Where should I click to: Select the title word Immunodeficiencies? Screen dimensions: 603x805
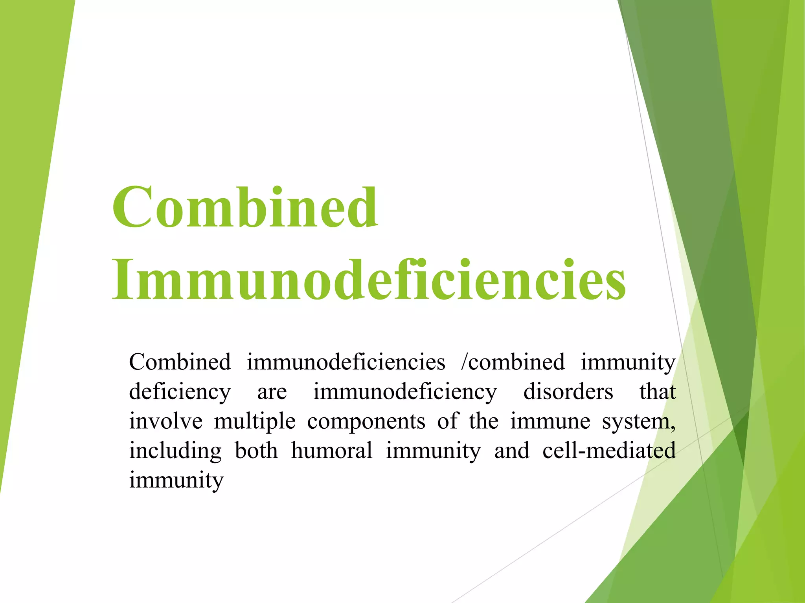tap(369, 280)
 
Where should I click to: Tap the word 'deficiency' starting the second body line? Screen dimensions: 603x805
tap(180, 392)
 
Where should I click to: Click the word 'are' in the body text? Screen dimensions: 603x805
tap(272, 392)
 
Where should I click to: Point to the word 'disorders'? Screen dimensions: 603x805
tap(568, 392)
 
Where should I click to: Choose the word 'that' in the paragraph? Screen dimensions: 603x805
tap(657, 392)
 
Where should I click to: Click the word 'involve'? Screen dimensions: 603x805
tap(166, 421)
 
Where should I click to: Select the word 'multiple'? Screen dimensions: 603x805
tap(255, 421)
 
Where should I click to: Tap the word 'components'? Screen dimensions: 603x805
tap(366, 421)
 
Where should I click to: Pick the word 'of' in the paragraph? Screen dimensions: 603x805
tap(447, 421)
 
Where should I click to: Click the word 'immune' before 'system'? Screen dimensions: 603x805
tap(550, 421)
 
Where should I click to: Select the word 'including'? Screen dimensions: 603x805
tap(175, 451)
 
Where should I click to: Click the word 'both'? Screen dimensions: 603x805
tap(256, 451)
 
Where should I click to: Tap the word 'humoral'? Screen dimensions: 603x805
tap(332, 451)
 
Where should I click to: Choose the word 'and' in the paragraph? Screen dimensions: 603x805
tap(511, 451)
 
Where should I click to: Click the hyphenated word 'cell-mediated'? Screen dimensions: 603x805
tap(609, 451)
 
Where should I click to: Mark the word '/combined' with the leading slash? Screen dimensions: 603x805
tap(513, 362)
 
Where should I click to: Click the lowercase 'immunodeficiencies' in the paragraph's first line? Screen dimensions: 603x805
tap(346, 362)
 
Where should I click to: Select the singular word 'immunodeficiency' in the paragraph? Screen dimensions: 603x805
tap(405, 392)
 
